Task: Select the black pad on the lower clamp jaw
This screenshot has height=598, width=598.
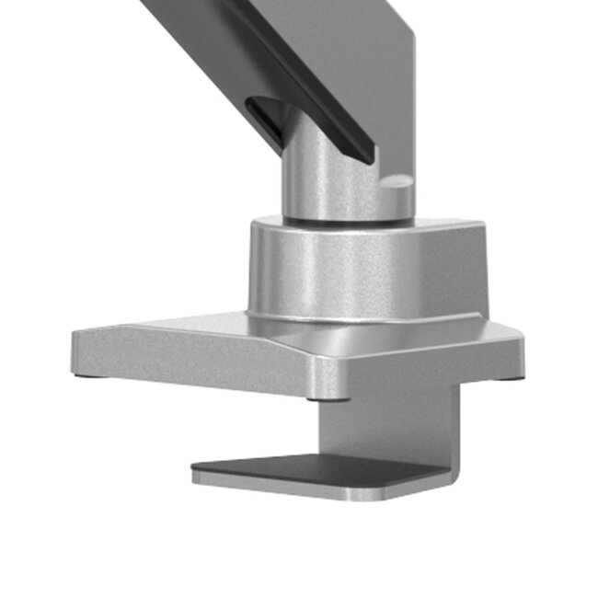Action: [304, 469]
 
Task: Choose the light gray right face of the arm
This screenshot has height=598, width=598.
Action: [377, 64]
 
